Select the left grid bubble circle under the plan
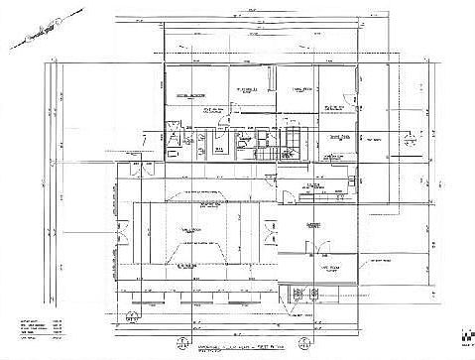tap(181, 344)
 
